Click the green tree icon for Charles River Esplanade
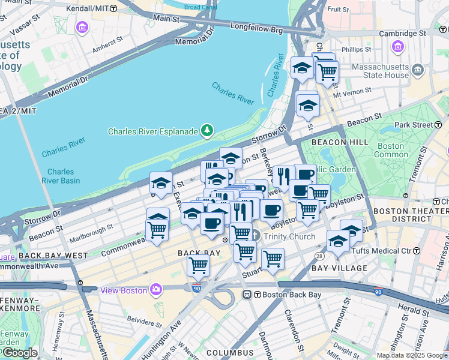tap(207, 130)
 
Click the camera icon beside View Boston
tap(156, 290)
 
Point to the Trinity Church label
tap(289, 236)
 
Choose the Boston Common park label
tap(391, 150)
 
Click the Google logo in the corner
tap(20, 353)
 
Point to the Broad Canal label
tap(200, 7)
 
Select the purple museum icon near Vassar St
tap(82, 28)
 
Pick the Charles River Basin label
tap(63, 176)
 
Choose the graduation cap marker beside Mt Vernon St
tap(308, 106)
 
